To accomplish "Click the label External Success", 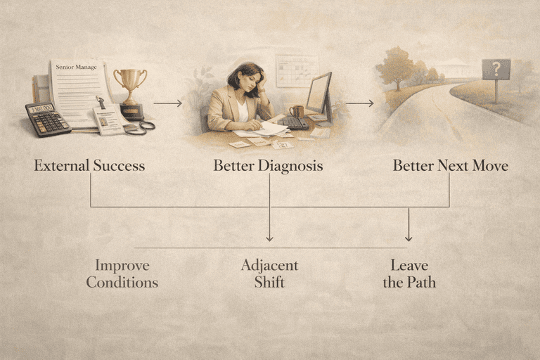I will pyautogui.click(x=89, y=167).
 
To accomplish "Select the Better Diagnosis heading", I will pyautogui.click(x=269, y=167).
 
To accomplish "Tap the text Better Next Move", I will pyautogui.click(x=450, y=167).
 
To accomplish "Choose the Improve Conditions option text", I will pyautogui.click(x=122, y=274).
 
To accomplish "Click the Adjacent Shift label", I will pyautogui.click(x=269, y=274).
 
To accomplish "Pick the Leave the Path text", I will pyautogui.click(x=409, y=274).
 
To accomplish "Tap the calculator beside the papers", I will pyautogui.click(x=47, y=118).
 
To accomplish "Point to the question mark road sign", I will pyautogui.click(x=496, y=70).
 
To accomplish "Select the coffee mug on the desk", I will pyautogui.click(x=296, y=111).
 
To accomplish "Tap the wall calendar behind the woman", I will pyautogui.click(x=297, y=71).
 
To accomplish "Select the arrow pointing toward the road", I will pyautogui.click(x=359, y=103).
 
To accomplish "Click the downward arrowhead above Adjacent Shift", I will pyautogui.click(x=269, y=238).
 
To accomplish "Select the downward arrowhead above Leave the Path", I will pyautogui.click(x=409, y=238).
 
